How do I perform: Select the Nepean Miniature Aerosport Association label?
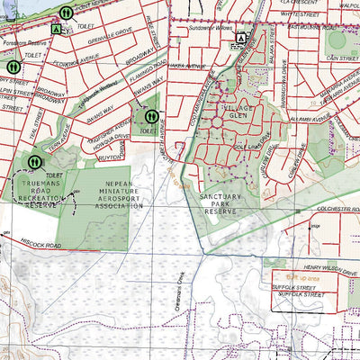105,193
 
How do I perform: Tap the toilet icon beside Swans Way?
151,116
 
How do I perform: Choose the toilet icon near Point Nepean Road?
67,13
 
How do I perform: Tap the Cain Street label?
343,57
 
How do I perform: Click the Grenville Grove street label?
109,39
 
